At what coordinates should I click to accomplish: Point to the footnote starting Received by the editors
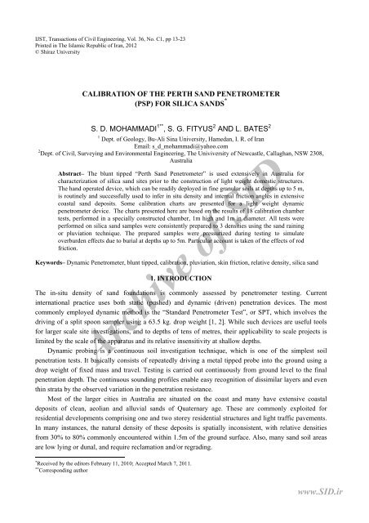pyautogui.click(x=82, y=474)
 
